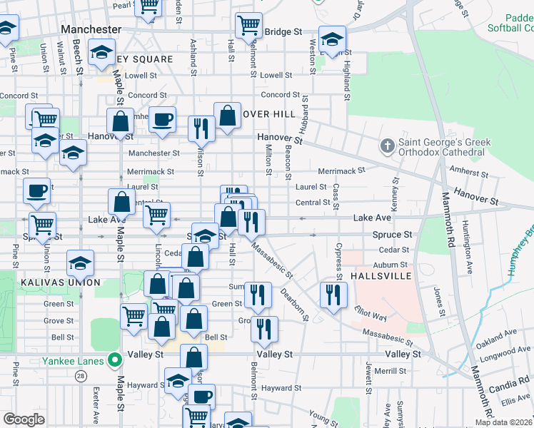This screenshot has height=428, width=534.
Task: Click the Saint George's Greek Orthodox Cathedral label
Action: coord(444,147)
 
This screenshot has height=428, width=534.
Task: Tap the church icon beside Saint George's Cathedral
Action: coord(388,147)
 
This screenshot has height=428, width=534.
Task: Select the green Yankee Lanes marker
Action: coord(113,360)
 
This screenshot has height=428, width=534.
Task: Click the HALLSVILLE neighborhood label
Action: coord(382,275)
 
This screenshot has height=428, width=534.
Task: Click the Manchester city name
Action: coord(91,29)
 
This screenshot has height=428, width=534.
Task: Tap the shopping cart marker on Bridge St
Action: coord(248,26)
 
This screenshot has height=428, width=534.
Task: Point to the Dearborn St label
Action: coord(293,303)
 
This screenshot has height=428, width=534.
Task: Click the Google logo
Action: coord(24,419)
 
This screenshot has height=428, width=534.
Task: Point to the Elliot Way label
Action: coord(370,312)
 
